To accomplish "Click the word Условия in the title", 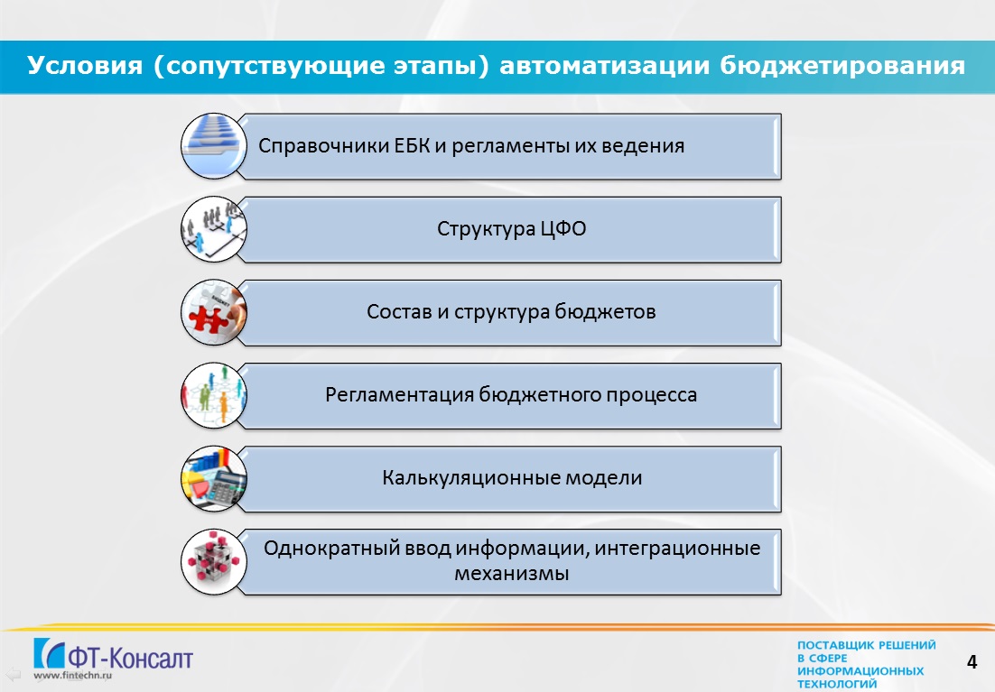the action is (85, 65).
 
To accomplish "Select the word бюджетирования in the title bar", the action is (842, 66).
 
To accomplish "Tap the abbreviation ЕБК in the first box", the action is (412, 146).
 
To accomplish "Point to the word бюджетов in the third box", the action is (605, 311).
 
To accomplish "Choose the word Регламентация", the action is (399, 394).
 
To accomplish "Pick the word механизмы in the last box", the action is (511, 574).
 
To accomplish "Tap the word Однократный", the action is (325, 548).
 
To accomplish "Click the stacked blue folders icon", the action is (214, 146).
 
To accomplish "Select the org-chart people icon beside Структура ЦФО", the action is (214, 229).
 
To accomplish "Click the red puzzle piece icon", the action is (214, 312).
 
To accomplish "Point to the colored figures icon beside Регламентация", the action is (214, 395).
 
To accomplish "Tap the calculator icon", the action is (214, 478).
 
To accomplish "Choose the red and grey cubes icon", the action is (214, 561).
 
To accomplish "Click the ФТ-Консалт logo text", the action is (129, 658).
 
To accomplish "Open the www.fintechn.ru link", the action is (72, 676).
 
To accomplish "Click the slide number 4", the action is (972, 662).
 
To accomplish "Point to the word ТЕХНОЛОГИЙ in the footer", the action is (837, 684).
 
